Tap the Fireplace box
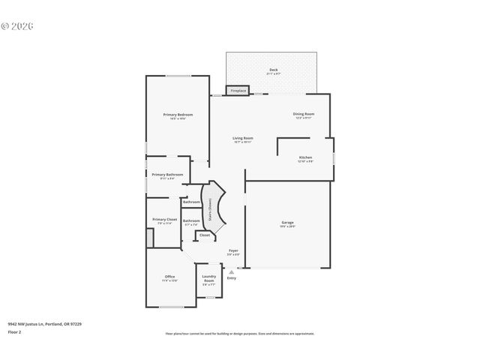point(238,91)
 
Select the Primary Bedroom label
point(178,115)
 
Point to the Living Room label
point(242,139)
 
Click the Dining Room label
point(303,115)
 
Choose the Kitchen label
point(305,158)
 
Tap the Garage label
point(287,223)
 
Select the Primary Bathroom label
point(167,175)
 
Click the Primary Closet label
point(164,220)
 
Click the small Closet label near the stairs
point(204,235)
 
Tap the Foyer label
point(233,252)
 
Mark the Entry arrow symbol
point(231,271)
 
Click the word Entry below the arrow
point(231,278)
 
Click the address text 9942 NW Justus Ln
point(44,324)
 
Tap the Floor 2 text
point(15,331)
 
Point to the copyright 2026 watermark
point(18,25)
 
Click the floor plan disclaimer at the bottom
point(239,334)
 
